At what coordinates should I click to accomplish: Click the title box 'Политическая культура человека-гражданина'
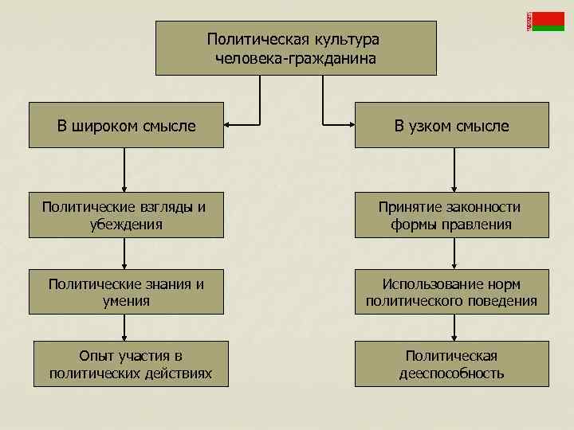click(296, 48)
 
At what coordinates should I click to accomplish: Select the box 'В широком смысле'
click(126, 125)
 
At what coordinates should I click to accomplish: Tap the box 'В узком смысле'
click(451, 125)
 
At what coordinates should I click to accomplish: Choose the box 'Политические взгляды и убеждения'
click(126, 215)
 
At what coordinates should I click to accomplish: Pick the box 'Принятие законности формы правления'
click(451, 215)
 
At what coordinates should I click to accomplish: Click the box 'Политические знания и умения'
click(126, 292)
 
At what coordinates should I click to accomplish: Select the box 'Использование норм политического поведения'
click(451, 292)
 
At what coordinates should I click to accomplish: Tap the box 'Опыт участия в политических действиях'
click(130, 364)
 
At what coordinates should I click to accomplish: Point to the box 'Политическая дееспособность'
click(451, 364)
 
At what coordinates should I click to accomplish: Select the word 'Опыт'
click(96, 355)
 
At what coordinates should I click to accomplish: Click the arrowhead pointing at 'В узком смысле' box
click(350, 124)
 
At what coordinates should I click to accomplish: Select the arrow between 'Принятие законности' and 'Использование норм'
click(454, 254)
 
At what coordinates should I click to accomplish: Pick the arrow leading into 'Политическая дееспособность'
click(454, 327)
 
